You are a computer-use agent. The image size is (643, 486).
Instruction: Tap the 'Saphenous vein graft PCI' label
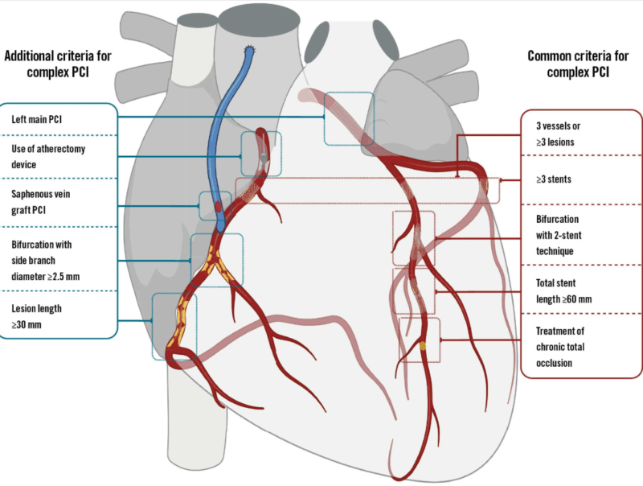(x=46, y=201)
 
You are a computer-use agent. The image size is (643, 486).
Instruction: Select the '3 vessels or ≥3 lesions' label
(x=563, y=134)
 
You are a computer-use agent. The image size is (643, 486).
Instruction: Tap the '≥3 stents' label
(x=554, y=179)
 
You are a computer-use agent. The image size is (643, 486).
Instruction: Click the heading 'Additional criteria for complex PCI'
(x=57, y=63)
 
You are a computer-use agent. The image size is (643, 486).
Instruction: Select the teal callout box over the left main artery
(x=349, y=119)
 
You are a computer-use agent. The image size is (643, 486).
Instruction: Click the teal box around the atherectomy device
(x=261, y=153)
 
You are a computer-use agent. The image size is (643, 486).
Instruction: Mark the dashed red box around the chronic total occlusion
(x=420, y=339)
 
